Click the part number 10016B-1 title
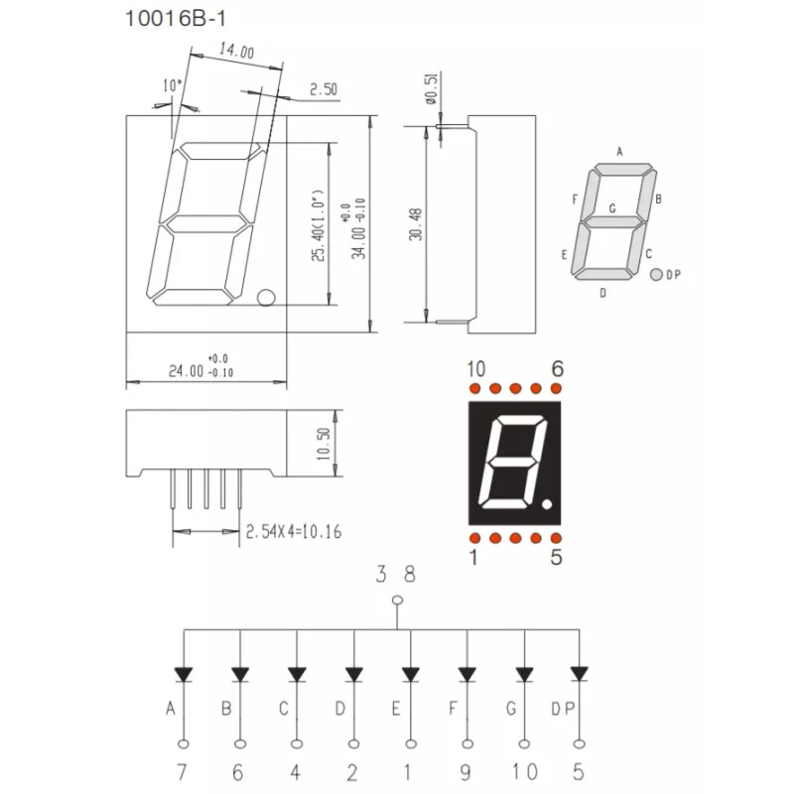[175, 19]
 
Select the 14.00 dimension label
[236, 51]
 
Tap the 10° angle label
[172, 85]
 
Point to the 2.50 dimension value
[324, 89]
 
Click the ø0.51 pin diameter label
[432, 88]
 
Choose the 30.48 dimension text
[416, 224]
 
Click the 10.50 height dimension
[324, 444]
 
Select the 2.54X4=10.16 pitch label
[294, 532]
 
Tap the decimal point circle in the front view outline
[266, 298]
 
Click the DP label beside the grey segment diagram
[673, 275]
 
